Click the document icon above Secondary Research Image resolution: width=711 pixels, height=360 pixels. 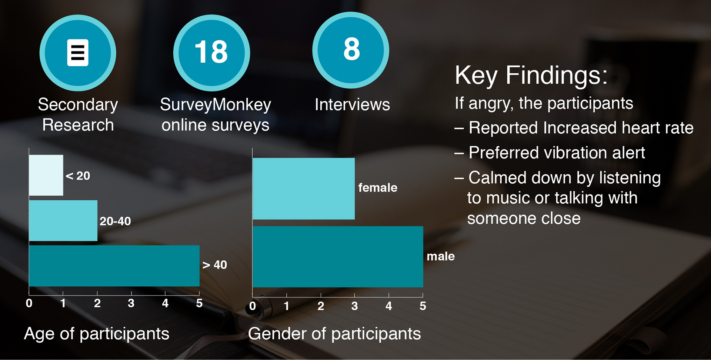[x=78, y=53]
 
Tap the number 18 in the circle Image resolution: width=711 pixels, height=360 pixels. [x=211, y=52]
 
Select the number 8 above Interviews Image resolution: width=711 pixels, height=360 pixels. [x=351, y=49]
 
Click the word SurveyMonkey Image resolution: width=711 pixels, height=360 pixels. [x=216, y=105]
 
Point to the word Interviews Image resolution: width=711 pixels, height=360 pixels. [x=352, y=105]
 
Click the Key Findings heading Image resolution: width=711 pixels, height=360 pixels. [x=531, y=75]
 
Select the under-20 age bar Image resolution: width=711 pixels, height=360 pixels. [x=46, y=175]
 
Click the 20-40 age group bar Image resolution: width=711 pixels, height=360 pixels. [x=63, y=221]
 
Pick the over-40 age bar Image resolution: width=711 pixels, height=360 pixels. [x=114, y=266]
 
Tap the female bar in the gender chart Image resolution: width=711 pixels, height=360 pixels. [x=304, y=189]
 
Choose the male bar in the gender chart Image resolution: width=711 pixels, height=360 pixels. [x=338, y=257]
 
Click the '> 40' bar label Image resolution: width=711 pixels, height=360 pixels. [x=215, y=265]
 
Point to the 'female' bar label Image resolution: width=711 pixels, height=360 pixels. [x=378, y=188]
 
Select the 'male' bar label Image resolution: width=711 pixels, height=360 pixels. [x=441, y=256]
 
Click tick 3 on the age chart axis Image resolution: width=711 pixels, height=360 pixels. [x=131, y=303]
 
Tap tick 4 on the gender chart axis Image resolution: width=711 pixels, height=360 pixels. [x=388, y=306]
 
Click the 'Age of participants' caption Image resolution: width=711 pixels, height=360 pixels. [x=97, y=334]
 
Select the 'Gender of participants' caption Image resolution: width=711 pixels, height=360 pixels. [x=334, y=334]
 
